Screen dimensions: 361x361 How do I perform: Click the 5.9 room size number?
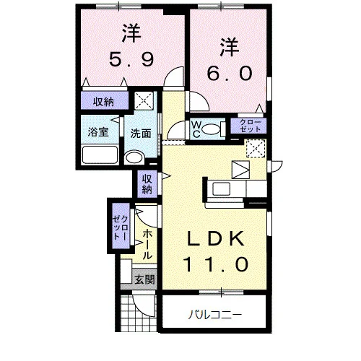point(131,59)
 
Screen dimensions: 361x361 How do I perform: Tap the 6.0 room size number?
point(230,73)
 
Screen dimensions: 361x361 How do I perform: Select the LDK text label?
point(216,238)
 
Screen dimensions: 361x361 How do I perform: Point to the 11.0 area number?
point(215,264)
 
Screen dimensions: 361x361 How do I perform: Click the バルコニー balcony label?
point(214,315)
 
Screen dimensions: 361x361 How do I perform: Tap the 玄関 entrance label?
point(144,279)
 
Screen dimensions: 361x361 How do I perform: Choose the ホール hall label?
point(147,244)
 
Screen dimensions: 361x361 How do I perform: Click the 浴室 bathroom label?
point(98,132)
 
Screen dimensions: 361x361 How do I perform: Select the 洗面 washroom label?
point(141,134)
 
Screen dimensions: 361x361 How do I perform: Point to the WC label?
point(196,130)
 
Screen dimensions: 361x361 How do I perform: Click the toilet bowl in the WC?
point(211,129)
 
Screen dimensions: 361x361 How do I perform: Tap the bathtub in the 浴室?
point(100,155)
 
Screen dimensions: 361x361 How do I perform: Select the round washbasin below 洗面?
point(134,157)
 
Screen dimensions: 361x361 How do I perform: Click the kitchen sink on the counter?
point(222,188)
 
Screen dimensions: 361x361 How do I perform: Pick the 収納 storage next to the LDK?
point(147,184)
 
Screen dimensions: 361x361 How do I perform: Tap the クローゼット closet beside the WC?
point(248,126)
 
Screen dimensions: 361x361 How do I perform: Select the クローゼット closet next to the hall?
point(121,227)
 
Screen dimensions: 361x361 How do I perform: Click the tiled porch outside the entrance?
point(139,313)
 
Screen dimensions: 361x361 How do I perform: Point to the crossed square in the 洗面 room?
point(144,100)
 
